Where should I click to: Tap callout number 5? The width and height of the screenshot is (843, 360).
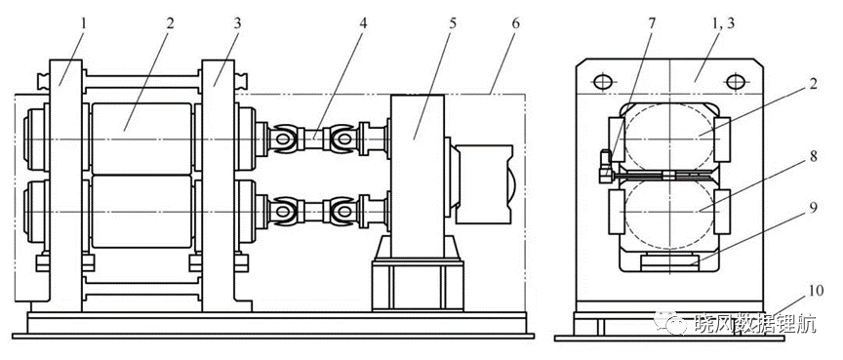point(452,24)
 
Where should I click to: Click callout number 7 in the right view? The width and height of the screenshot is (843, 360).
point(652,24)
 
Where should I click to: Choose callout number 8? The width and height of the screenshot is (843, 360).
point(814,156)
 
